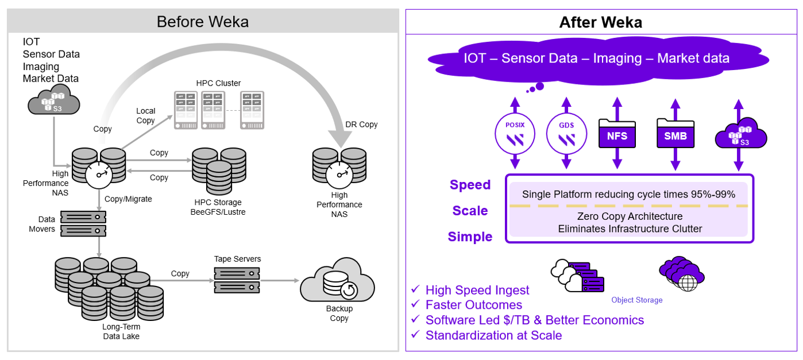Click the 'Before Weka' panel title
[202, 22]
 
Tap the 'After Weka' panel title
[600, 22]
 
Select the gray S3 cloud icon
[53, 99]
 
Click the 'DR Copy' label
[361, 125]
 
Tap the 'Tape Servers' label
[237, 259]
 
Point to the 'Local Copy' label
[146, 115]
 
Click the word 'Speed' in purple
[470, 185]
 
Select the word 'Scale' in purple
[470, 211]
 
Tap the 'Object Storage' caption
[636, 300]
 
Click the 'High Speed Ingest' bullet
[477, 290]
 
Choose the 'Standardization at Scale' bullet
[493, 335]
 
